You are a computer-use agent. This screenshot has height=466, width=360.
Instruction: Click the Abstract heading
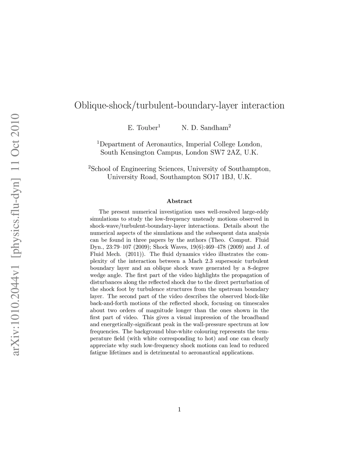click(179, 201)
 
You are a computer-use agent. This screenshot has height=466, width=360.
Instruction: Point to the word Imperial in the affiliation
click(201, 144)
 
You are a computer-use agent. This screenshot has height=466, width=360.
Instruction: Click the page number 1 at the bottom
click(179, 409)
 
